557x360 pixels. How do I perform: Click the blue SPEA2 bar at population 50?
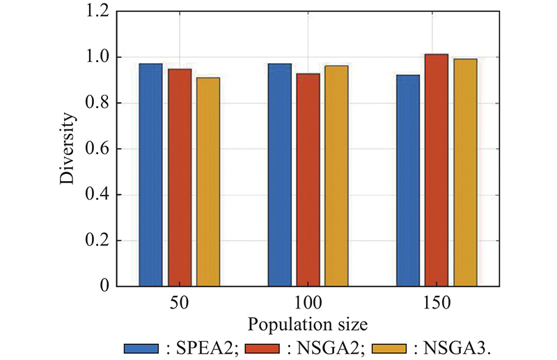(x=150, y=175)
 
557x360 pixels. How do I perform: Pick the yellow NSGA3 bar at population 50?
(x=208, y=182)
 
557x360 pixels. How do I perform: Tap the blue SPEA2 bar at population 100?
(x=280, y=175)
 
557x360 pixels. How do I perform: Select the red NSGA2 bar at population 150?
(x=437, y=170)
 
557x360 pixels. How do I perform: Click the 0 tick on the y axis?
(x=104, y=286)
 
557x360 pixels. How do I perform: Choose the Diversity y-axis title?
(x=67, y=149)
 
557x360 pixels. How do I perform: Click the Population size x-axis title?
(x=308, y=324)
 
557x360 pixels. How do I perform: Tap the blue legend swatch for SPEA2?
(x=143, y=347)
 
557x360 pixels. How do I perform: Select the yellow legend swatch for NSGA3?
(x=390, y=347)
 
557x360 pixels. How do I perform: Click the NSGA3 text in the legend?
(x=452, y=347)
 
